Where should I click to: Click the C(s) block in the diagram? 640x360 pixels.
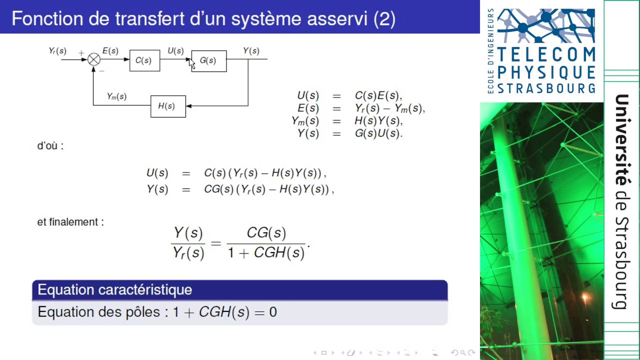pyautogui.click(x=144, y=60)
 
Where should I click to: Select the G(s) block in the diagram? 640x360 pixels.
pyautogui.click(x=208, y=60)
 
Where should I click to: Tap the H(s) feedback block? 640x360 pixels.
pyautogui.click(x=168, y=106)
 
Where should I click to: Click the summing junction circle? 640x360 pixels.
pyautogui.click(x=93, y=59)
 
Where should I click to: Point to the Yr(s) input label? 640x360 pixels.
pyautogui.click(x=57, y=51)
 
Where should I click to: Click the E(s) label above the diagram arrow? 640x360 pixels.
pyautogui.click(x=110, y=51)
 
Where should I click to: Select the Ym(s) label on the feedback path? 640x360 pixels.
pyautogui.click(x=116, y=96)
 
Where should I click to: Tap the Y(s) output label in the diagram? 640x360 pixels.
pyautogui.click(x=251, y=51)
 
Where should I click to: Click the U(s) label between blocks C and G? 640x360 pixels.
pyautogui.click(x=175, y=51)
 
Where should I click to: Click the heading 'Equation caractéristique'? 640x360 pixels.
pyautogui.click(x=114, y=289)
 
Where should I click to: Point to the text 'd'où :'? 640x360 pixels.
pyautogui.click(x=50, y=146)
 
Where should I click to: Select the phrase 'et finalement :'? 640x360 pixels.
pyautogui.click(x=70, y=221)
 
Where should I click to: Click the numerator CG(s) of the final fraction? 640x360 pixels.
pyautogui.click(x=266, y=233)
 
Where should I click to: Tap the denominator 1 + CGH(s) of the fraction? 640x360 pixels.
pyautogui.click(x=266, y=252)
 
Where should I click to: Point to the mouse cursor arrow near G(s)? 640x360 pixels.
pyautogui.click(x=192, y=64)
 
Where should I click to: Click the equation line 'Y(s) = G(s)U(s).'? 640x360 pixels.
pyautogui.click(x=350, y=133)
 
